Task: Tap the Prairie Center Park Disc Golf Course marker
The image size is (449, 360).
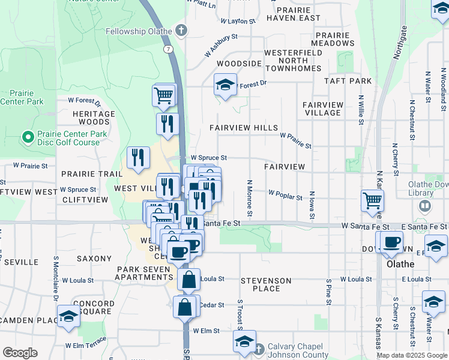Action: tap(27, 138)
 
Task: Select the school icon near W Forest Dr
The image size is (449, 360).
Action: tap(225, 85)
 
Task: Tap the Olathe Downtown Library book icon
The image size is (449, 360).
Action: tap(426, 206)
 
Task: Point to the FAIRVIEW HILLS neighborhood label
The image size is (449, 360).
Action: tap(244, 128)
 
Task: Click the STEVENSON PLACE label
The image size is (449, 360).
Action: tap(266, 284)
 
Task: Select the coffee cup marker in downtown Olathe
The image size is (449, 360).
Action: tap(391, 242)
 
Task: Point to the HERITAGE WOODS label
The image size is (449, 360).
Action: tap(94, 118)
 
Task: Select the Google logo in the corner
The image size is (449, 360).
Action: tap(20, 353)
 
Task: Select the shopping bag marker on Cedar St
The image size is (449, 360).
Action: tap(184, 306)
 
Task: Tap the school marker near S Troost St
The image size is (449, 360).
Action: tap(244, 341)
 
